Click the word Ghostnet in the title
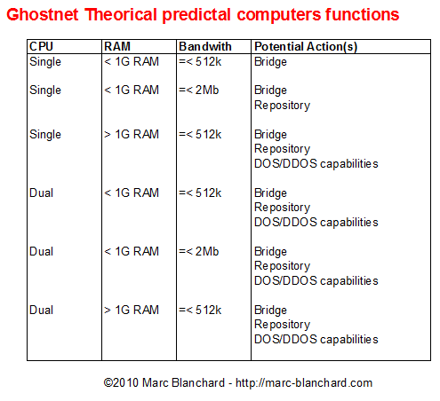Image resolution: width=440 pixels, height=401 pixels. pyautogui.click(x=43, y=14)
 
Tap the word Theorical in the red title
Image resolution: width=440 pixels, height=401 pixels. pyautogui.click(x=120, y=14)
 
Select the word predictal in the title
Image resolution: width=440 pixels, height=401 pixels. pyautogui.click(x=196, y=15)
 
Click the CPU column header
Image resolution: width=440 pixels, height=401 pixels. pyautogui.click(x=41, y=46)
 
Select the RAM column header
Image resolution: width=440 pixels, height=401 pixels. pyautogui.click(x=117, y=46)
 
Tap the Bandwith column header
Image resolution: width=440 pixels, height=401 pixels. pyautogui.click(x=205, y=46)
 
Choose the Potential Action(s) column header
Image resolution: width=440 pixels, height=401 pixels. pyautogui.click(x=306, y=46)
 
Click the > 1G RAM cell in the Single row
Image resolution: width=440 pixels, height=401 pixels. pyautogui.click(x=132, y=134)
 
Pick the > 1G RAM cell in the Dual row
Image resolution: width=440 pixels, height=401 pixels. pyautogui.click(x=132, y=310)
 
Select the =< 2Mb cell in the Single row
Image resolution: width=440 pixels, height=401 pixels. pyautogui.click(x=199, y=90)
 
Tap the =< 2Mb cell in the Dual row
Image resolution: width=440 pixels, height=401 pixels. pyautogui.click(x=199, y=251)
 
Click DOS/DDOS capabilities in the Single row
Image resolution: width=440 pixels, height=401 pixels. pyautogui.click(x=316, y=163)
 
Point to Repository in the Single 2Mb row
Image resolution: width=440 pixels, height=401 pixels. pyautogui.click(x=282, y=106)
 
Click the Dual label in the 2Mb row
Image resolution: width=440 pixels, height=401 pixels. pyautogui.click(x=41, y=251)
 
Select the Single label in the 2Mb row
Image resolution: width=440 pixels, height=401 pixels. pyautogui.click(x=45, y=90)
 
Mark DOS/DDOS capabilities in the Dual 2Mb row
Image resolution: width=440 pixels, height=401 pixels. pyautogui.click(x=316, y=280)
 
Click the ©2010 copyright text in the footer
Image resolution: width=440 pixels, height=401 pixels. pyautogui.click(x=121, y=382)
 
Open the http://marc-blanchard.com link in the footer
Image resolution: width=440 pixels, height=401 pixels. pyautogui.click(x=304, y=383)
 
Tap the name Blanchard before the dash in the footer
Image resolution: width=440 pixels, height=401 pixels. pyautogui.click(x=198, y=382)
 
